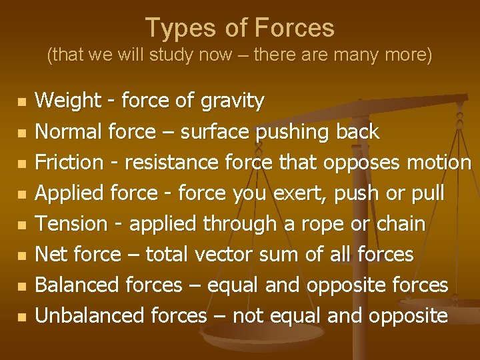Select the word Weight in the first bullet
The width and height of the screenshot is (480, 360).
64,101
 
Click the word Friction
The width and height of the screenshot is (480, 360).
69,163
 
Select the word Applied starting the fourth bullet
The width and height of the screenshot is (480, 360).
69,194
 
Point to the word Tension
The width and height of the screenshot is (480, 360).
70,224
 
